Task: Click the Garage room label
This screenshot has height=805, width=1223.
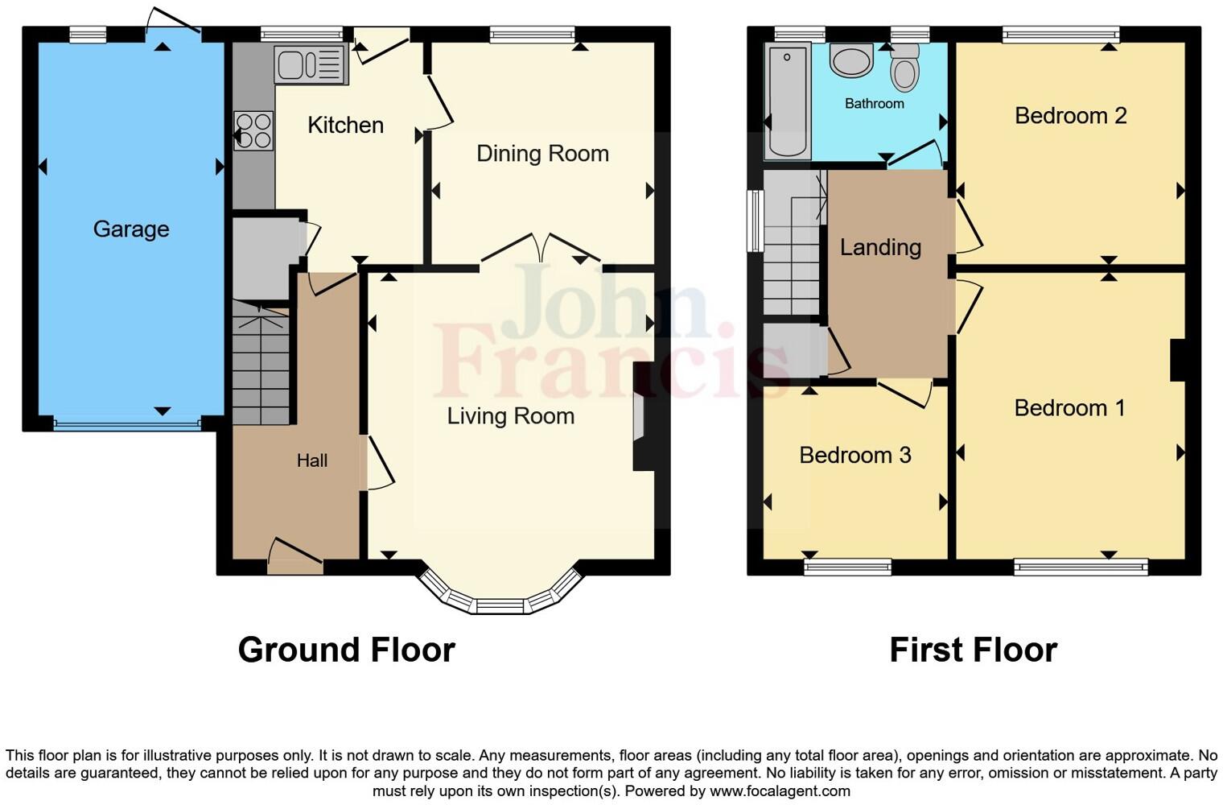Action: point(131,229)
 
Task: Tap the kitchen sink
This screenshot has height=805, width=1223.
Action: point(310,64)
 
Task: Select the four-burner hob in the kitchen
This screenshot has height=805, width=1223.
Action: point(253,131)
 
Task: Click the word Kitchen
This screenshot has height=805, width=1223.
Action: point(345,125)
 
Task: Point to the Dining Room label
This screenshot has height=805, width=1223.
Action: point(542,153)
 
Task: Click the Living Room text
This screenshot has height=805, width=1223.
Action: point(510,416)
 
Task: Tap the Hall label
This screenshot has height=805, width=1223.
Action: point(311,460)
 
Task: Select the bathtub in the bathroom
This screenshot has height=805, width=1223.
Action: point(787,101)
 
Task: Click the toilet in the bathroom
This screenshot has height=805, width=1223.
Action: point(905,71)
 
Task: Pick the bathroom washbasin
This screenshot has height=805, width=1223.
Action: point(850,60)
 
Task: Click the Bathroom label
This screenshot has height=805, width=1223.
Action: point(874,104)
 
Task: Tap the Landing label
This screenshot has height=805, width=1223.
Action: point(880,247)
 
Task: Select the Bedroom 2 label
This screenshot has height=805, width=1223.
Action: point(1069,116)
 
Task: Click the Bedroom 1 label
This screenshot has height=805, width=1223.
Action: point(1069,408)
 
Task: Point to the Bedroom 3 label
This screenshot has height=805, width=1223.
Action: point(854,456)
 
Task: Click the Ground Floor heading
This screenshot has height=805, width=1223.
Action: point(346,650)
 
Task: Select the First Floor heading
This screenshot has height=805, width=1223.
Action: point(973,650)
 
